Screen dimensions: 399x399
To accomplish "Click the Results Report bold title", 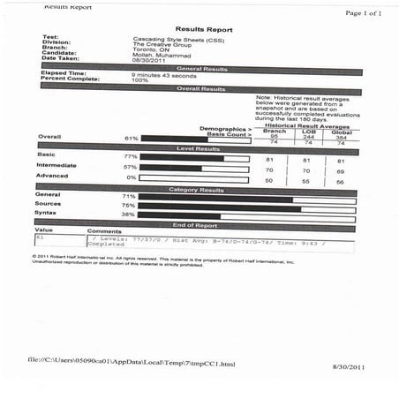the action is (x=204, y=29).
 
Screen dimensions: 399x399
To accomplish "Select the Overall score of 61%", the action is (x=132, y=139).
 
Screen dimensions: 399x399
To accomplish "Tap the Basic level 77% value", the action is (x=132, y=155).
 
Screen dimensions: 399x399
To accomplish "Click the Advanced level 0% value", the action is (x=132, y=177).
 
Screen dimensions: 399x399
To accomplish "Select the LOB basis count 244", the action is (x=308, y=137).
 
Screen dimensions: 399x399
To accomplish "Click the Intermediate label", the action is (x=55, y=165).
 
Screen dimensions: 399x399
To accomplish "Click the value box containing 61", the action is (x=57, y=241).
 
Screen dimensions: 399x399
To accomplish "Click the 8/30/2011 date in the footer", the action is (x=348, y=365).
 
